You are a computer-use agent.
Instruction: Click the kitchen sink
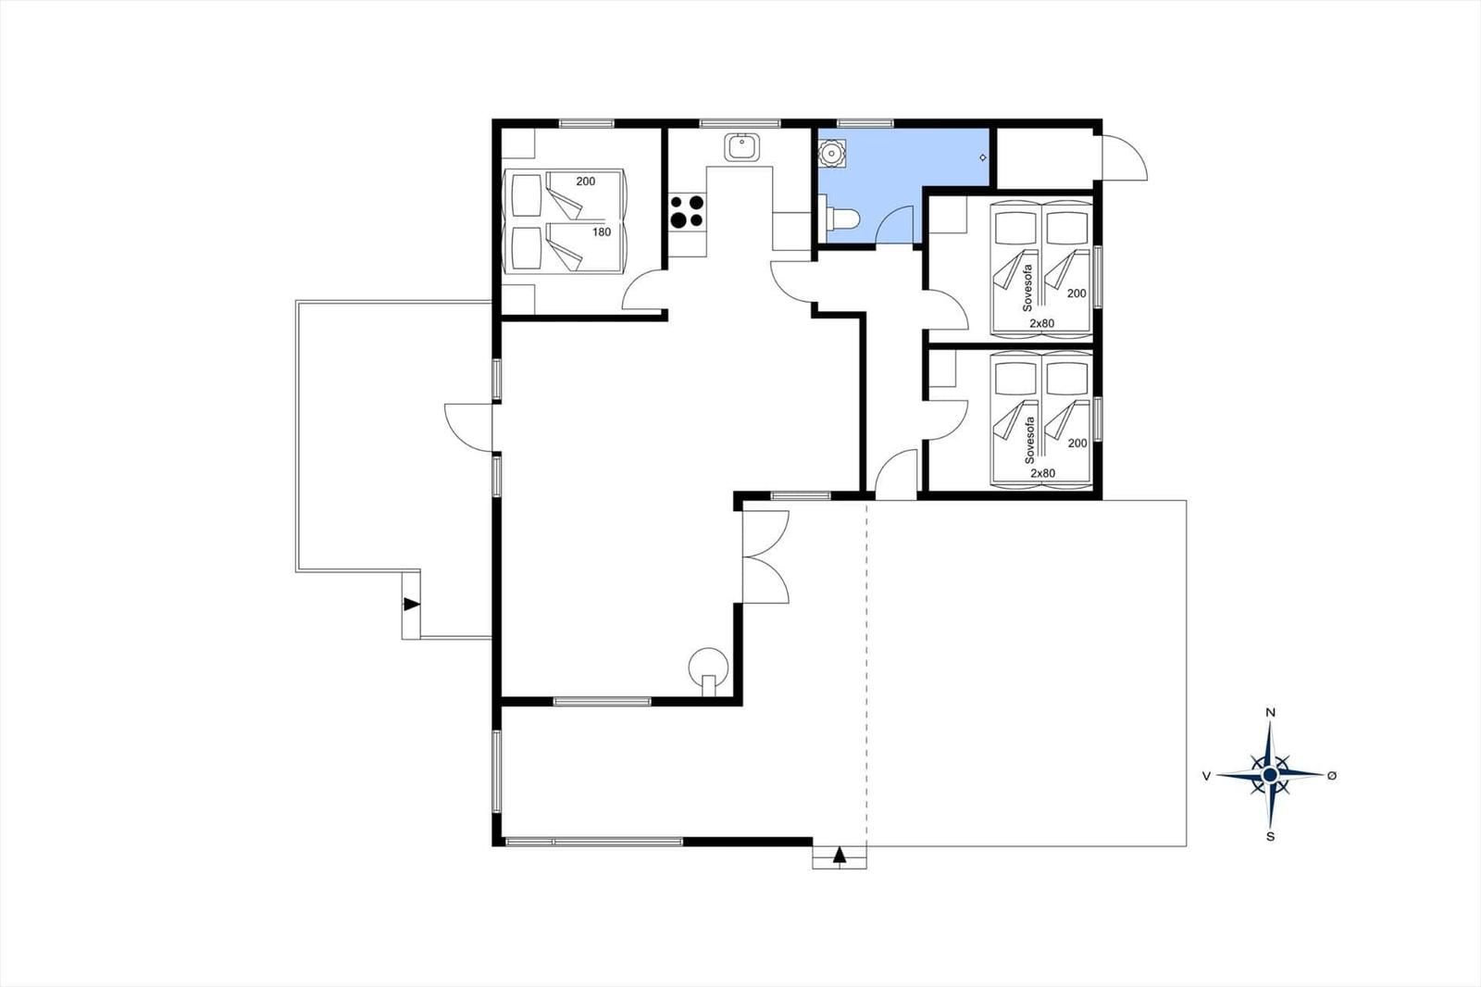pos(741,147)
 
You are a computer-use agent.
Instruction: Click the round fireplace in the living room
pos(708,669)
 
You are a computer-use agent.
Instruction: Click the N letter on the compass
pos(1269,712)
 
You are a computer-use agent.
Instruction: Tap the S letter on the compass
pos(1269,837)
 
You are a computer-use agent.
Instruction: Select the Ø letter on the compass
pos(1332,775)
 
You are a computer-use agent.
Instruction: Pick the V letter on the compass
pos(1207,776)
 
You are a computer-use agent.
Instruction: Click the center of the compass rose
pos(1269,775)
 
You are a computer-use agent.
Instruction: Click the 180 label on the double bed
pos(601,232)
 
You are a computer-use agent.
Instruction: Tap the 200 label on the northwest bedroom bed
pos(585,181)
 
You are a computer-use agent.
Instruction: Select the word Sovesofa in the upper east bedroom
pos(1027,288)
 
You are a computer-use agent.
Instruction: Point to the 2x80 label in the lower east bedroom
pos(1042,473)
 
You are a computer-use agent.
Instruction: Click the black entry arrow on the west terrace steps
pos(411,604)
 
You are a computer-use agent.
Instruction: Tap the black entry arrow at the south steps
pos(839,856)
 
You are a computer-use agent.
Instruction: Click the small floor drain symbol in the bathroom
pos(982,157)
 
